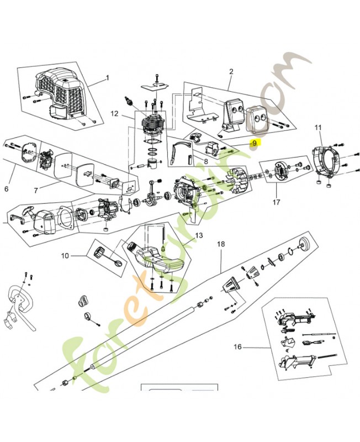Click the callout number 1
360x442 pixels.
pos(108,77)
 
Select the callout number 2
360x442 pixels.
pos(231,71)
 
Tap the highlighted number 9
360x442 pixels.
pos(254,143)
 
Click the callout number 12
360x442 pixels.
pos(114,114)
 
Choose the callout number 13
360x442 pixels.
pos(199,235)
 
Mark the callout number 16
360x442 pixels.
pos(237,347)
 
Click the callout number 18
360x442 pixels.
pos(221,244)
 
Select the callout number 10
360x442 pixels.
pos(65,255)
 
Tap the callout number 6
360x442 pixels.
pos(7,189)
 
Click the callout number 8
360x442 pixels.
pos(205,162)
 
